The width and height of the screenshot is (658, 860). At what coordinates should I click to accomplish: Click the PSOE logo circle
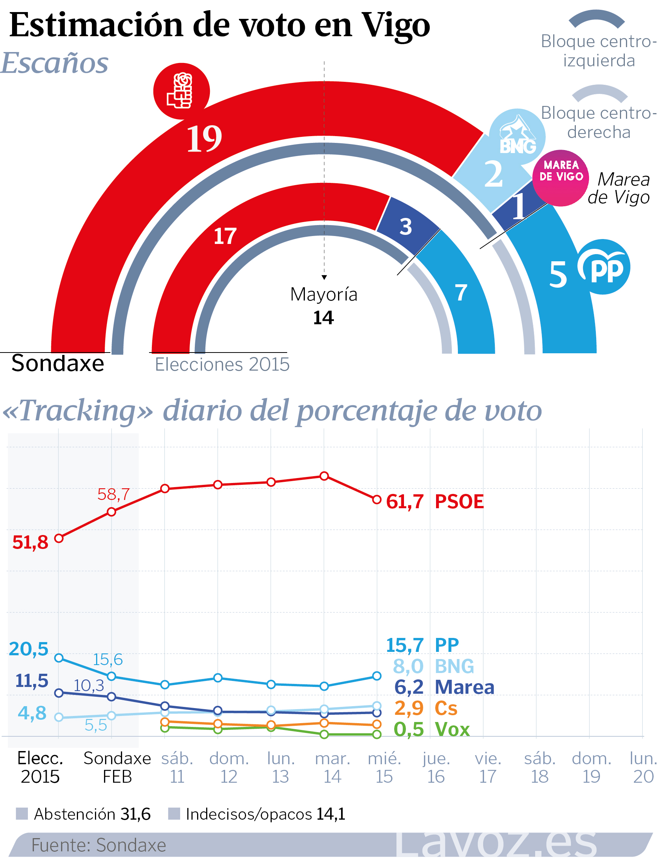click(x=181, y=91)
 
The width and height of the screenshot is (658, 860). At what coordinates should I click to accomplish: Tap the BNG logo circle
click(x=517, y=137)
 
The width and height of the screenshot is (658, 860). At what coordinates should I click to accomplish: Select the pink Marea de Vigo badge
click(x=560, y=178)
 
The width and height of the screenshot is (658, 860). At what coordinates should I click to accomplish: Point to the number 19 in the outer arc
click(x=204, y=139)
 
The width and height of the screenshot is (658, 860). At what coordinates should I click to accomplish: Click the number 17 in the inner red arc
click(x=225, y=236)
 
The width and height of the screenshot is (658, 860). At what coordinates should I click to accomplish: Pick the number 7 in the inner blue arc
click(x=461, y=293)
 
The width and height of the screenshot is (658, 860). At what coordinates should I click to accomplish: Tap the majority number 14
click(x=323, y=318)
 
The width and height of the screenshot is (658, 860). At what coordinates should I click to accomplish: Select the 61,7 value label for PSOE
click(x=405, y=502)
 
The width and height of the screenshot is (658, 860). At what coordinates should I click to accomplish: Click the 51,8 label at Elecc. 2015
click(x=30, y=543)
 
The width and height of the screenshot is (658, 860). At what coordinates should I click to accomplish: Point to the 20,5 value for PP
click(x=29, y=649)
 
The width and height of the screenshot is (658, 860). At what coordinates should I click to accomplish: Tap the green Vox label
click(x=452, y=730)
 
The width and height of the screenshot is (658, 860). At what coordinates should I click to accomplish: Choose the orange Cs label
click(x=446, y=708)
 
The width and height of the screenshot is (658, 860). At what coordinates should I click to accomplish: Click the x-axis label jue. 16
click(x=436, y=768)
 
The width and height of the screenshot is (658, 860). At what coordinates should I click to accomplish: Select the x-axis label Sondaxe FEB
click(x=117, y=768)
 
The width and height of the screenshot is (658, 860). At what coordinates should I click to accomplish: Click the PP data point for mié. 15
click(x=377, y=676)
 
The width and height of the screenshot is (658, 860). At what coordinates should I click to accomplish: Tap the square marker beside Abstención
click(x=22, y=814)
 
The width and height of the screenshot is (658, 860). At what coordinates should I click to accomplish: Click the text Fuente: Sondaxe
click(x=99, y=845)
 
